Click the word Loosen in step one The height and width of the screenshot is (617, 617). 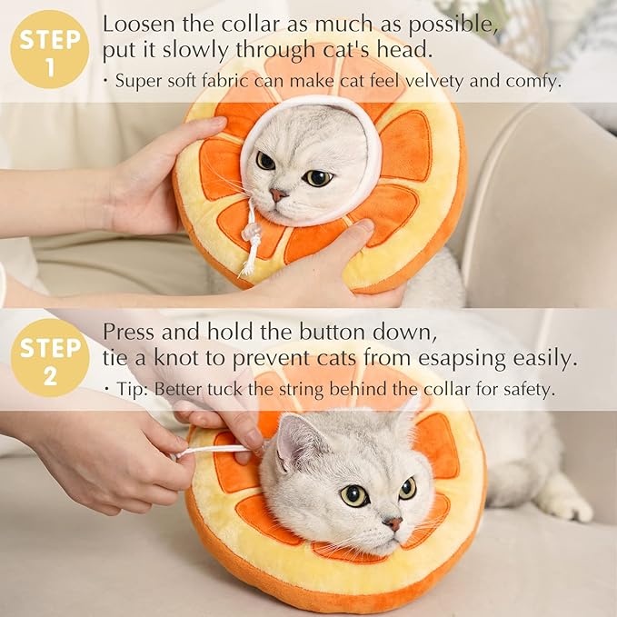136,24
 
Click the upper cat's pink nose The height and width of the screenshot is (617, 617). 279,195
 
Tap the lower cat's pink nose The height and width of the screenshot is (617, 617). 393,524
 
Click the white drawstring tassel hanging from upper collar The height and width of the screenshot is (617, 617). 250,245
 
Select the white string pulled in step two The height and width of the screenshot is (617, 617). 214,450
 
